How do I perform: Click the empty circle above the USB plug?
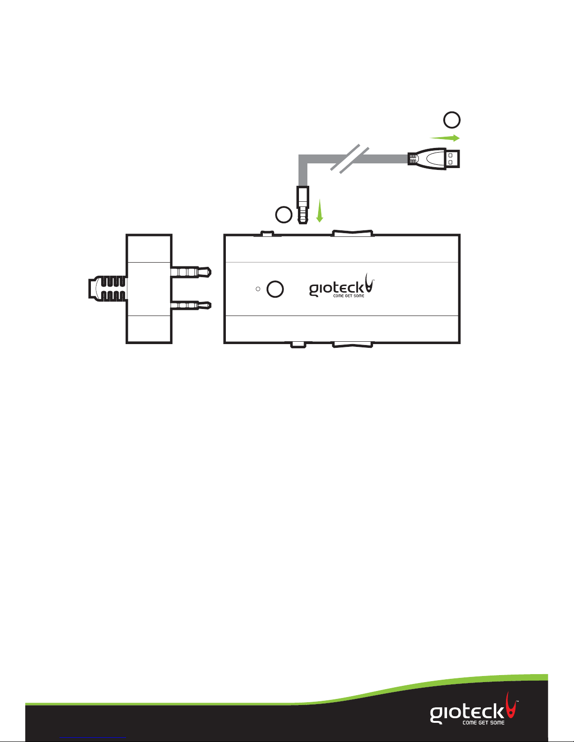point(452,120)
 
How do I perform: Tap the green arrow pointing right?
point(445,138)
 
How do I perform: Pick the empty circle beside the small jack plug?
point(283,215)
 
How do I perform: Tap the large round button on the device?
point(275,289)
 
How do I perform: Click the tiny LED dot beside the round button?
point(258,289)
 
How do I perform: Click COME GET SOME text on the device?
point(349,296)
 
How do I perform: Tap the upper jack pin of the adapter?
point(191,272)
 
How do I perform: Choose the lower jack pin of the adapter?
point(191,306)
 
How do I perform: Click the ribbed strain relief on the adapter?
point(108,289)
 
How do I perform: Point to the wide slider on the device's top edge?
point(352,233)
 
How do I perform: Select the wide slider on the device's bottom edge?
point(352,345)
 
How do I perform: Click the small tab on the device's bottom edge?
point(298,345)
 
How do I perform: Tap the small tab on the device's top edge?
point(267,233)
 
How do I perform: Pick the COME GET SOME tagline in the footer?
point(484,723)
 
